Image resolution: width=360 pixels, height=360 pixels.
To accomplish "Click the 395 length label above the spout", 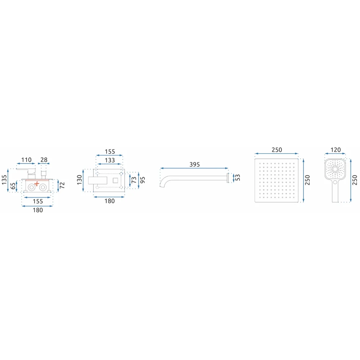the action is tap(194, 165).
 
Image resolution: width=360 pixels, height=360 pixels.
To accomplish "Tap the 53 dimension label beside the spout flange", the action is tap(238, 177).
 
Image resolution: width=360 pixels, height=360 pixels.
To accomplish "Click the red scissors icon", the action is tap(36, 184).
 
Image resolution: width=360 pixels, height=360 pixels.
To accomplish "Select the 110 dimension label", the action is tap(26, 160).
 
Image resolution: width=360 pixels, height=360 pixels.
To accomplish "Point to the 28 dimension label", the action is tap(44, 160).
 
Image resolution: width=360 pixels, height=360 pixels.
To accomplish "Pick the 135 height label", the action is tap(4, 180).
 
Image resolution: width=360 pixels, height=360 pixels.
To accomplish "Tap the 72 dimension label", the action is tap(62, 185).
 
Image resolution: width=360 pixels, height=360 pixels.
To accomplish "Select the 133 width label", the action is tap(110, 160).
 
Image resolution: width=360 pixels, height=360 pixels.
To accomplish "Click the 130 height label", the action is tap(80, 180).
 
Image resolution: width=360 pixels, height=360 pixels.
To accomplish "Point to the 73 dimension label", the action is tap(134, 180).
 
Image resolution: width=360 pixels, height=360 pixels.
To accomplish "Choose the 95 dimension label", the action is tap(143, 180).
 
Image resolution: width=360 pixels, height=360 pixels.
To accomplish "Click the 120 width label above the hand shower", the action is tap(336, 150).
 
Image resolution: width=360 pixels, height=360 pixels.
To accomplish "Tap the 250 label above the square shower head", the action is tap(276, 150).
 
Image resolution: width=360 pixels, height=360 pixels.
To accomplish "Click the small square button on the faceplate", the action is tap(116, 180).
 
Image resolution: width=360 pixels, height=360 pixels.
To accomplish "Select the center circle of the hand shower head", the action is tap(335, 169).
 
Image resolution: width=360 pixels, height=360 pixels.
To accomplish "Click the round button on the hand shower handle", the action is tap(335, 182).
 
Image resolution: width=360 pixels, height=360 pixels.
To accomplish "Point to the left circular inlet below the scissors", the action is tap(31, 187).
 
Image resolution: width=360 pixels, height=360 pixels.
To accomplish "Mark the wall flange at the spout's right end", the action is tap(228, 178).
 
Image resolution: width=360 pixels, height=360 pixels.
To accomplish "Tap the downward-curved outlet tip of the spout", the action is tap(161, 185).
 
